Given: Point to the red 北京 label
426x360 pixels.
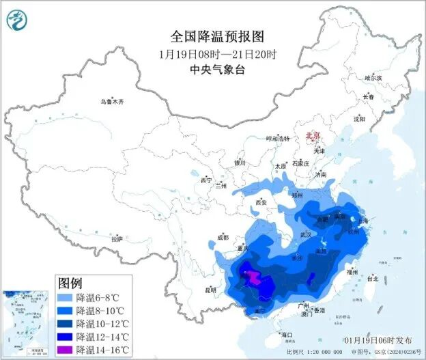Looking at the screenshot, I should (x=313, y=135).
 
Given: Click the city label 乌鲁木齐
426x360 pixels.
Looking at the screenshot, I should (x=111, y=102).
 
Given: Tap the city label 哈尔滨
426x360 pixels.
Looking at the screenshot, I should (x=373, y=78).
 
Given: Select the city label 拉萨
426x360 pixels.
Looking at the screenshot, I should (x=117, y=239).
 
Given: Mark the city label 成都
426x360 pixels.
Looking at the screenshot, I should (x=222, y=237).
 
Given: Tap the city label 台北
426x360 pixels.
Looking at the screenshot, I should (x=372, y=279).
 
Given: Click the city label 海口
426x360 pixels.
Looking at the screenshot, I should (x=287, y=334).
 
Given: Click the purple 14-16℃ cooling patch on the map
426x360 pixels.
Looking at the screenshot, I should (x=253, y=277).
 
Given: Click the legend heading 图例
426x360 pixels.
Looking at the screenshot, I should (x=70, y=282).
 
